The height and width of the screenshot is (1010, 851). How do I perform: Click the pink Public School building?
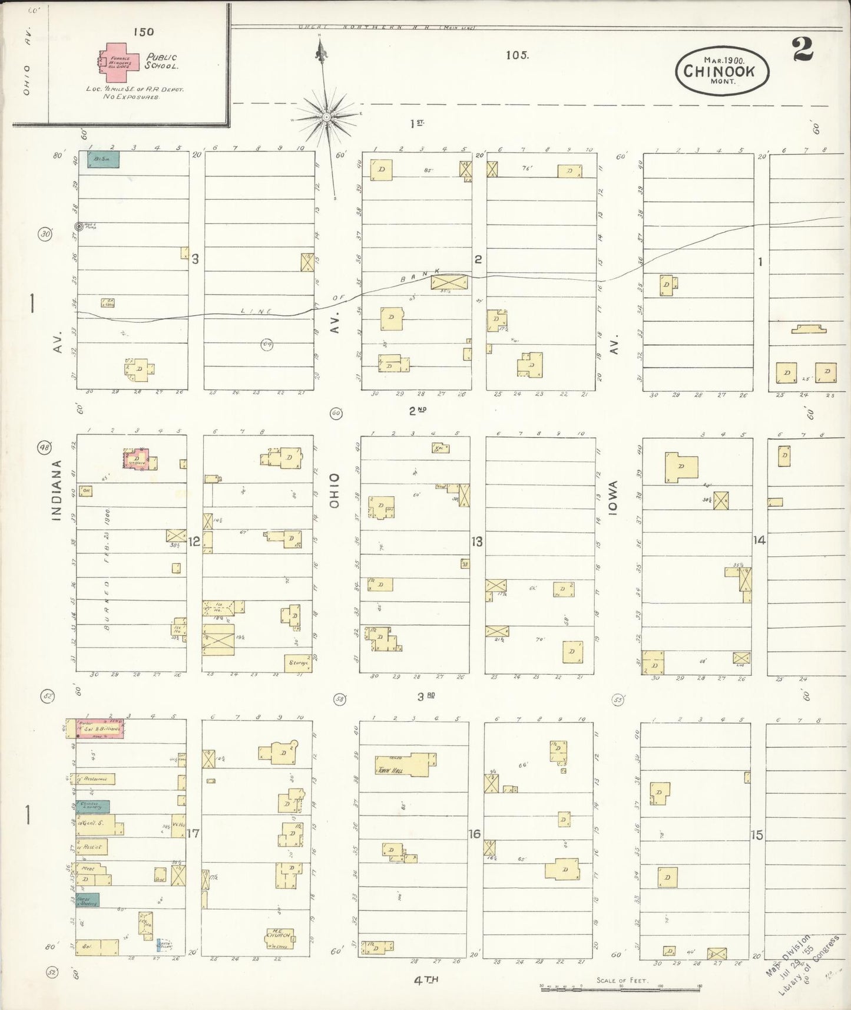(120, 61)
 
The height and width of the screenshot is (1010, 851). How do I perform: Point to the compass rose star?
(326, 118)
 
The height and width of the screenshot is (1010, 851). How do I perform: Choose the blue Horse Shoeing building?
(87, 900)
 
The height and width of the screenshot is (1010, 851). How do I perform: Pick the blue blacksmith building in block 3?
(103, 159)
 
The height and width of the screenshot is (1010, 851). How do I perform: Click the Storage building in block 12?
(298, 663)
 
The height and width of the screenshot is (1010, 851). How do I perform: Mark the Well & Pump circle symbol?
(78, 226)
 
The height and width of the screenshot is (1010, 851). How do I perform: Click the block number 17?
(193, 834)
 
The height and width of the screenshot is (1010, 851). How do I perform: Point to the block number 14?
(759, 539)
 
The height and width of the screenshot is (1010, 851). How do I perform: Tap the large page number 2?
(803, 49)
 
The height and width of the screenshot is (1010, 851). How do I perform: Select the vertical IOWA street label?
(612, 499)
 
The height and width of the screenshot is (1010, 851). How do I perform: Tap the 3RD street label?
(426, 697)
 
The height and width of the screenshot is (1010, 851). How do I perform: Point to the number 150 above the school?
(143, 32)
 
